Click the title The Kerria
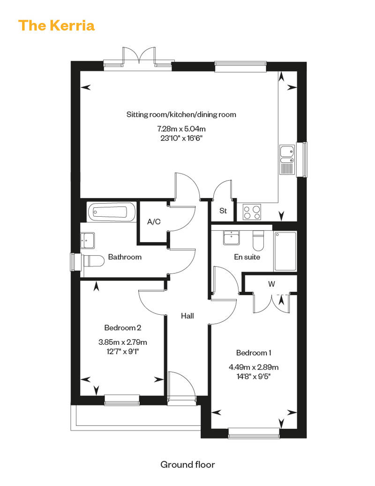tap(56, 25)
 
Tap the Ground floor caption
tap(187, 464)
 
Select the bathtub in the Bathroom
tap(112, 212)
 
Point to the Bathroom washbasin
tap(87, 240)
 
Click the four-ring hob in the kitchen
tap(252, 212)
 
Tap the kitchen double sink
tap(287, 159)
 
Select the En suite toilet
tap(258, 240)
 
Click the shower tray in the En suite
tap(285, 251)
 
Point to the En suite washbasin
tap(231, 237)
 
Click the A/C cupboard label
tap(154, 221)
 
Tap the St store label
tap(223, 211)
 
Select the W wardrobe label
tap(271, 284)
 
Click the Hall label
tap(187, 316)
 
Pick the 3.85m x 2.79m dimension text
tap(123, 342)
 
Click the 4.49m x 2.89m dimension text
tap(254, 367)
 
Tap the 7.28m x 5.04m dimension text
tap(181, 129)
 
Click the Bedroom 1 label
tap(254, 353)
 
